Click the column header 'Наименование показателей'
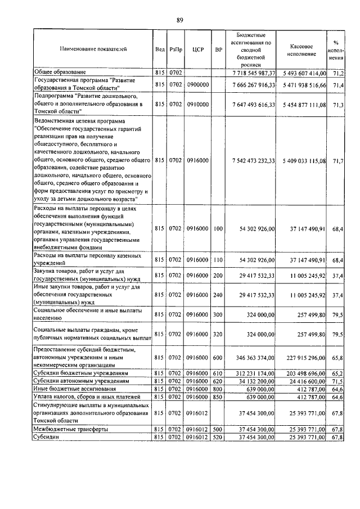click(x=93, y=49)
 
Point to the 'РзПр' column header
click(x=176, y=49)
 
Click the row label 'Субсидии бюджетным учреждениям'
click(x=82, y=373)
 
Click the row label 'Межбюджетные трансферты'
click(x=70, y=429)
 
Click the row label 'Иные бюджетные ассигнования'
click(x=75, y=389)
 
